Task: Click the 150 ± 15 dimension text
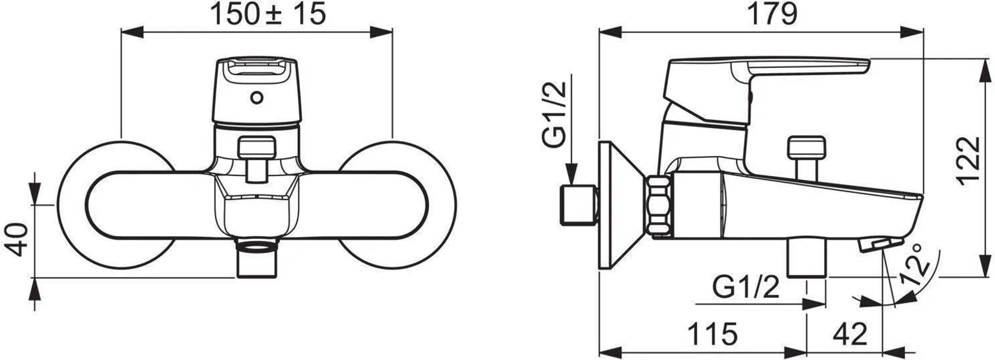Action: [x=268, y=14]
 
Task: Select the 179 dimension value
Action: [x=772, y=14]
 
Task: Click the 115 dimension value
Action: [x=713, y=333]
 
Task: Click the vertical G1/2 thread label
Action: [x=555, y=114]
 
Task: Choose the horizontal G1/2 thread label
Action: [x=746, y=288]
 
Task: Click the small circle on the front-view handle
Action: [x=257, y=98]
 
